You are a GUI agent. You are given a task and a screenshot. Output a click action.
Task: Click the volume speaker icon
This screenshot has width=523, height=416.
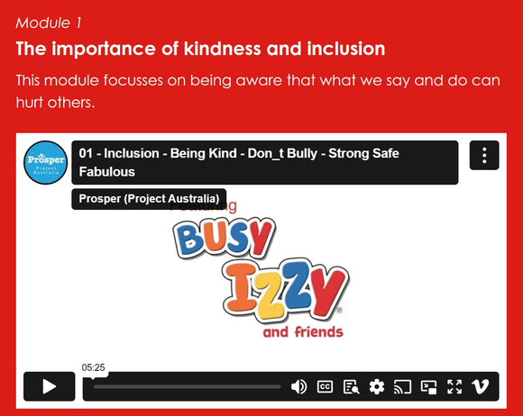[298, 387]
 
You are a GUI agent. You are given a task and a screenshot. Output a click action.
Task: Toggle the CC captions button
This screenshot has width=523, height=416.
[325, 387]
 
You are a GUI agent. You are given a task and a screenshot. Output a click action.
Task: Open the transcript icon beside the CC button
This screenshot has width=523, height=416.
[351, 387]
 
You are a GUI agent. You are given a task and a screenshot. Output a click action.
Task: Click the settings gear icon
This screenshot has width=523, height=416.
[377, 387]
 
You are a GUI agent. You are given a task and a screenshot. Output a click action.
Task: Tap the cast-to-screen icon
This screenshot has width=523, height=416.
[403, 387]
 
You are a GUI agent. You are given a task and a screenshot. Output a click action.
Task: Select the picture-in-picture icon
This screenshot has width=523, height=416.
[429, 387]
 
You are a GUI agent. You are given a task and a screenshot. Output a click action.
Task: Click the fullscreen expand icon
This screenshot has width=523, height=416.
[454, 387]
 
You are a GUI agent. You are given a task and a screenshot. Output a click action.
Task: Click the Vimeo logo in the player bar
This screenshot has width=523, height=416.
[481, 387]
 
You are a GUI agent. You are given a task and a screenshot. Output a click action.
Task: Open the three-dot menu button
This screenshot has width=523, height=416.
[484, 155]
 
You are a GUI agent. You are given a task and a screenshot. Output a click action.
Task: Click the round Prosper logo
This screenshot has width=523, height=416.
[45, 162]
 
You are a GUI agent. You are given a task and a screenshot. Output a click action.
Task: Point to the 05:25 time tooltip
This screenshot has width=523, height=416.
[94, 367]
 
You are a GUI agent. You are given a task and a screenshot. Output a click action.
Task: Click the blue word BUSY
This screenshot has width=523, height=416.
[222, 238]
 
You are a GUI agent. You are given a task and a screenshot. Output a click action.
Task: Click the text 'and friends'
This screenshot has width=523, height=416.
[303, 332]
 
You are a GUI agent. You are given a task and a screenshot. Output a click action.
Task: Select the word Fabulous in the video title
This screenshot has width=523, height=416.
[107, 171]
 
